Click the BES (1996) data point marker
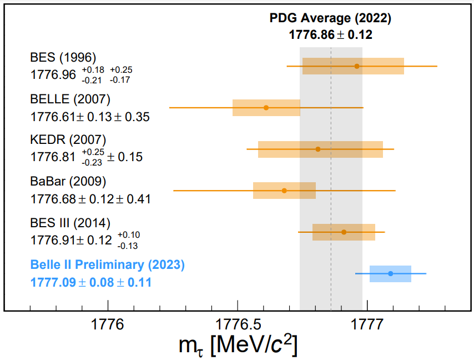357,66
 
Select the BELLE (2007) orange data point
266,108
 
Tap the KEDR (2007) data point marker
318,149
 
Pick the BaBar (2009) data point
284,191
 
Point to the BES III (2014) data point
344,232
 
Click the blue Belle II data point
391,273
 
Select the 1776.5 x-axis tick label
238,324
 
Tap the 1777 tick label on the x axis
368,324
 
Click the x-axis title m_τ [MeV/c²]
238,346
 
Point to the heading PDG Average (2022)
331,18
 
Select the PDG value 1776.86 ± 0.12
331,34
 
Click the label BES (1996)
63,58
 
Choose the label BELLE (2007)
70,99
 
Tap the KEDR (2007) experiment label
68,140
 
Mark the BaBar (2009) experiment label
68,182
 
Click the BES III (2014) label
70,223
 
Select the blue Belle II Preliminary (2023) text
108,264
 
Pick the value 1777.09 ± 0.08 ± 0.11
91,282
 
